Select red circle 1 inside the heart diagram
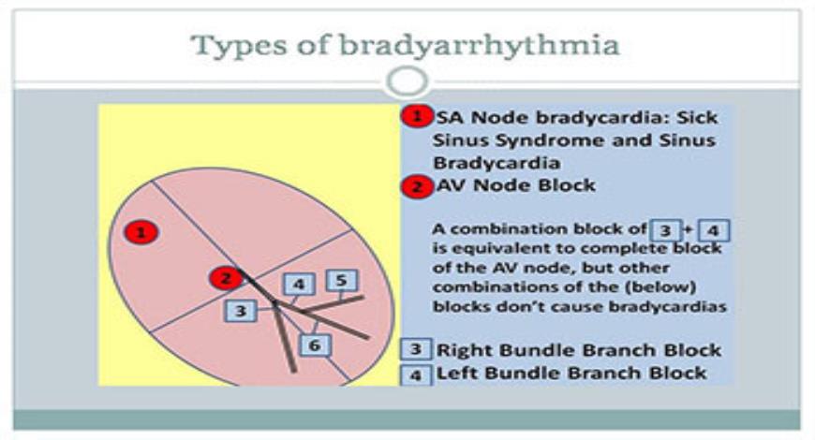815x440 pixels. [x=141, y=232]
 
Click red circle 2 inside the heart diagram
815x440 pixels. [x=224, y=278]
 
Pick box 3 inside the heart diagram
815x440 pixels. [x=241, y=311]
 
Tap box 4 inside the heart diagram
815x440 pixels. [x=298, y=285]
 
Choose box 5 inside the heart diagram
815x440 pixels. [x=342, y=280]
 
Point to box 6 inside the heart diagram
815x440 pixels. [x=315, y=345]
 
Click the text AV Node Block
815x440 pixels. [x=515, y=185]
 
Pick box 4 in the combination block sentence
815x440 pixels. [x=713, y=229]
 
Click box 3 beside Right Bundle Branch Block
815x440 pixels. [x=415, y=349]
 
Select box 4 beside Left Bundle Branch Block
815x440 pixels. [x=415, y=374]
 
